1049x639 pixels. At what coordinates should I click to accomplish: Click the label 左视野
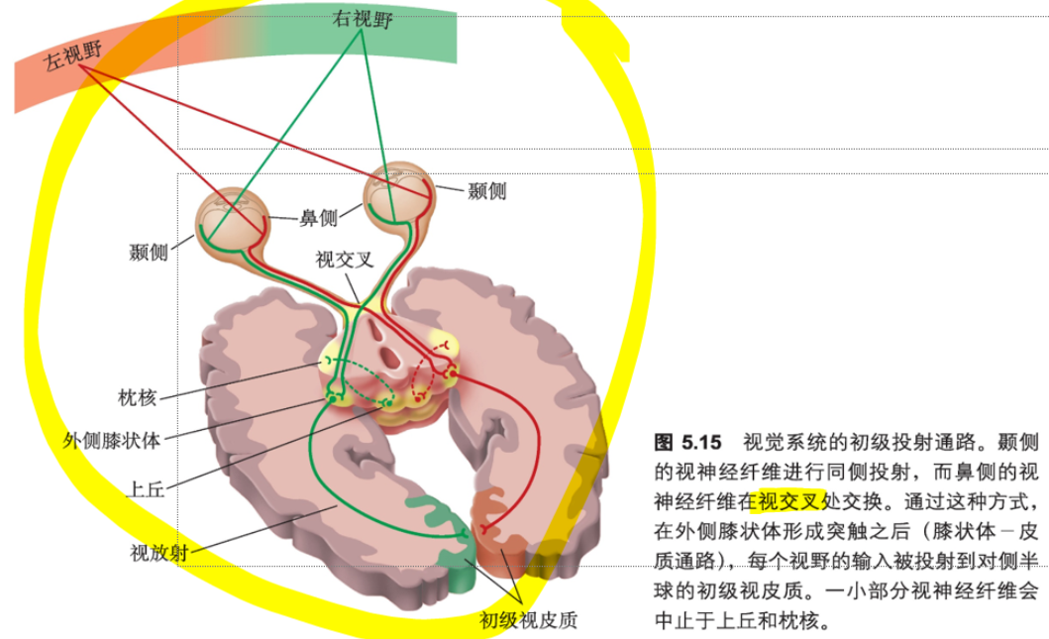pyautogui.click(x=72, y=61)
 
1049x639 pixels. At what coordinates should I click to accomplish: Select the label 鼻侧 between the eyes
pyautogui.click(x=318, y=218)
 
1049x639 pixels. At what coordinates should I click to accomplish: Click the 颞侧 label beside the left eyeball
pyautogui.click(x=149, y=252)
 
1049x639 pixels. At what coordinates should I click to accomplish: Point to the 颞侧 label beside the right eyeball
pyautogui.click(x=486, y=191)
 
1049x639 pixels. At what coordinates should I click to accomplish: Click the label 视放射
pyautogui.click(x=157, y=553)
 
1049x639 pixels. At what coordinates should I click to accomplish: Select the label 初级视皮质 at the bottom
pyautogui.click(x=528, y=621)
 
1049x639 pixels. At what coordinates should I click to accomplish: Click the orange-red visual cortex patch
pyautogui.click(x=500, y=530)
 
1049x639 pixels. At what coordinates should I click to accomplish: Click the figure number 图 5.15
pyautogui.click(x=687, y=442)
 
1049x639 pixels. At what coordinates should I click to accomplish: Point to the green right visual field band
pyautogui.click(x=416, y=40)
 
